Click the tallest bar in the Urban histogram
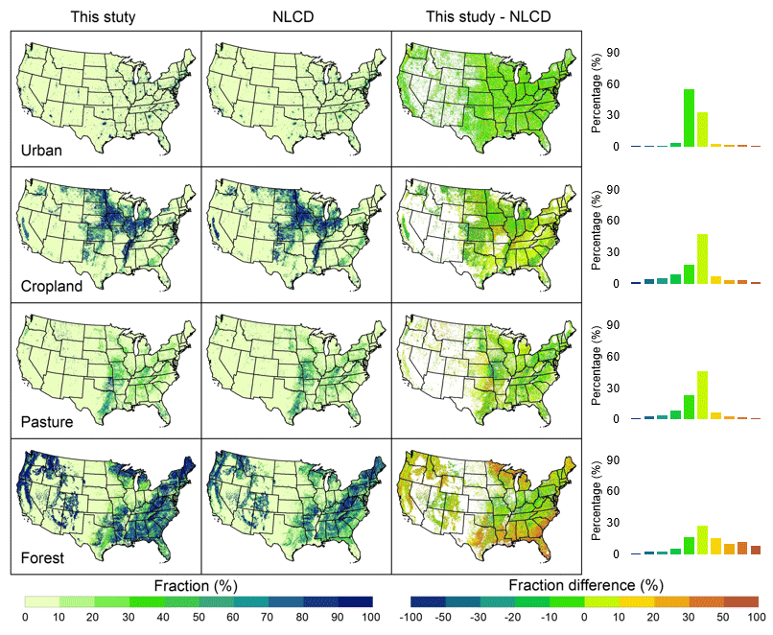[x=689, y=118]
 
